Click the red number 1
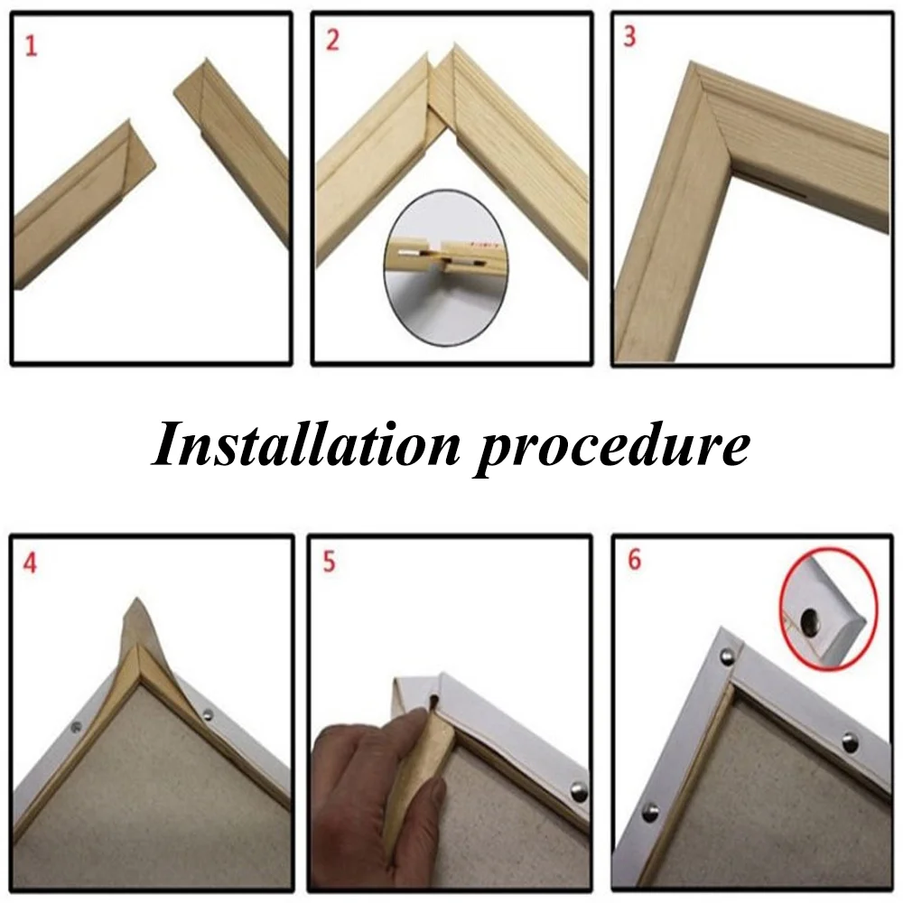31,46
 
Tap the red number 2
332,41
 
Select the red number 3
630,36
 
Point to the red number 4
30,563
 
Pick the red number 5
329,562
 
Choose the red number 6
634,560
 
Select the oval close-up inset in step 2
446,268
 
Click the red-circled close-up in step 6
828,608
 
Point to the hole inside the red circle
810,619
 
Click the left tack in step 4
76,727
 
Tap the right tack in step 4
208,714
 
